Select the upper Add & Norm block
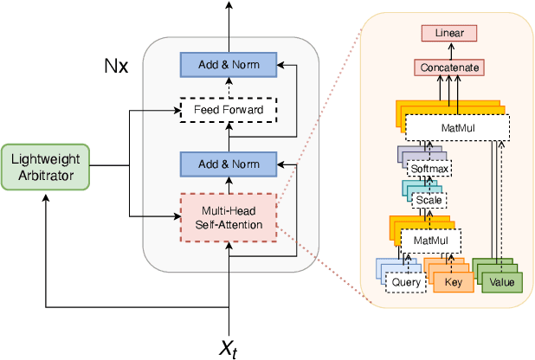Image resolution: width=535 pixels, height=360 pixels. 230,64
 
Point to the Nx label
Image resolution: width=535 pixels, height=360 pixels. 115,66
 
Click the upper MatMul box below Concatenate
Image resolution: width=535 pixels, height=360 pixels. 448,130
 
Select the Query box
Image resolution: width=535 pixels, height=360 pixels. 406,282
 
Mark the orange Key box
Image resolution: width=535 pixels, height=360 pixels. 454,282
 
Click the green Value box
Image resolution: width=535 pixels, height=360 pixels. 501,282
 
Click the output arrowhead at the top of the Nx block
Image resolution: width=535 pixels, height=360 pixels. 229,6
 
